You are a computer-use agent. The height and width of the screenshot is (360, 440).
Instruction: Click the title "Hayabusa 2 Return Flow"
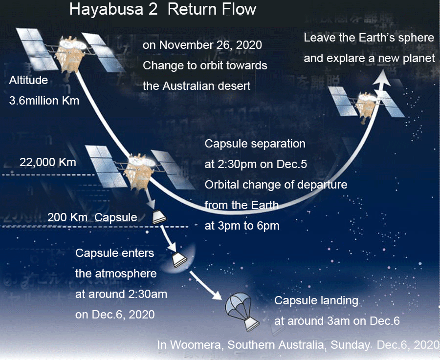[163, 9]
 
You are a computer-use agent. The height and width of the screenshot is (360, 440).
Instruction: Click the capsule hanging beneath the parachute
[251, 324]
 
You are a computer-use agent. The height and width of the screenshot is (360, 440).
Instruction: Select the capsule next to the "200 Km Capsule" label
[159, 217]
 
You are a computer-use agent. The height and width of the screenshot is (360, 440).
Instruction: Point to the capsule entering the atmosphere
[179, 260]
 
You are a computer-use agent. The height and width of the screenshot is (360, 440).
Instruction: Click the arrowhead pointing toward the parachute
[217, 295]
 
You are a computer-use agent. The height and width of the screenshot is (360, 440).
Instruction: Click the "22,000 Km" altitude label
[48, 162]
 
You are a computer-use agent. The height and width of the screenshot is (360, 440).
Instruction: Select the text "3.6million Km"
[44, 100]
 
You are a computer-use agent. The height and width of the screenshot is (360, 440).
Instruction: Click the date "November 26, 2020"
[210, 45]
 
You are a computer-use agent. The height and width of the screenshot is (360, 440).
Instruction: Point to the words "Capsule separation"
[255, 144]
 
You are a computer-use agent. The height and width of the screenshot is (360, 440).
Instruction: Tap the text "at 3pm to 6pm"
[242, 226]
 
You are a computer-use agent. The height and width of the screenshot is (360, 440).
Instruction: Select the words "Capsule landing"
[316, 300]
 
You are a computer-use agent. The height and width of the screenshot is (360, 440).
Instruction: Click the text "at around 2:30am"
[121, 294]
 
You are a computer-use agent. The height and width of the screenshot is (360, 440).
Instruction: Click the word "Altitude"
[28, 80]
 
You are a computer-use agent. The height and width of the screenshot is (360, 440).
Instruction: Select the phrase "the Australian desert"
[197, 86]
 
